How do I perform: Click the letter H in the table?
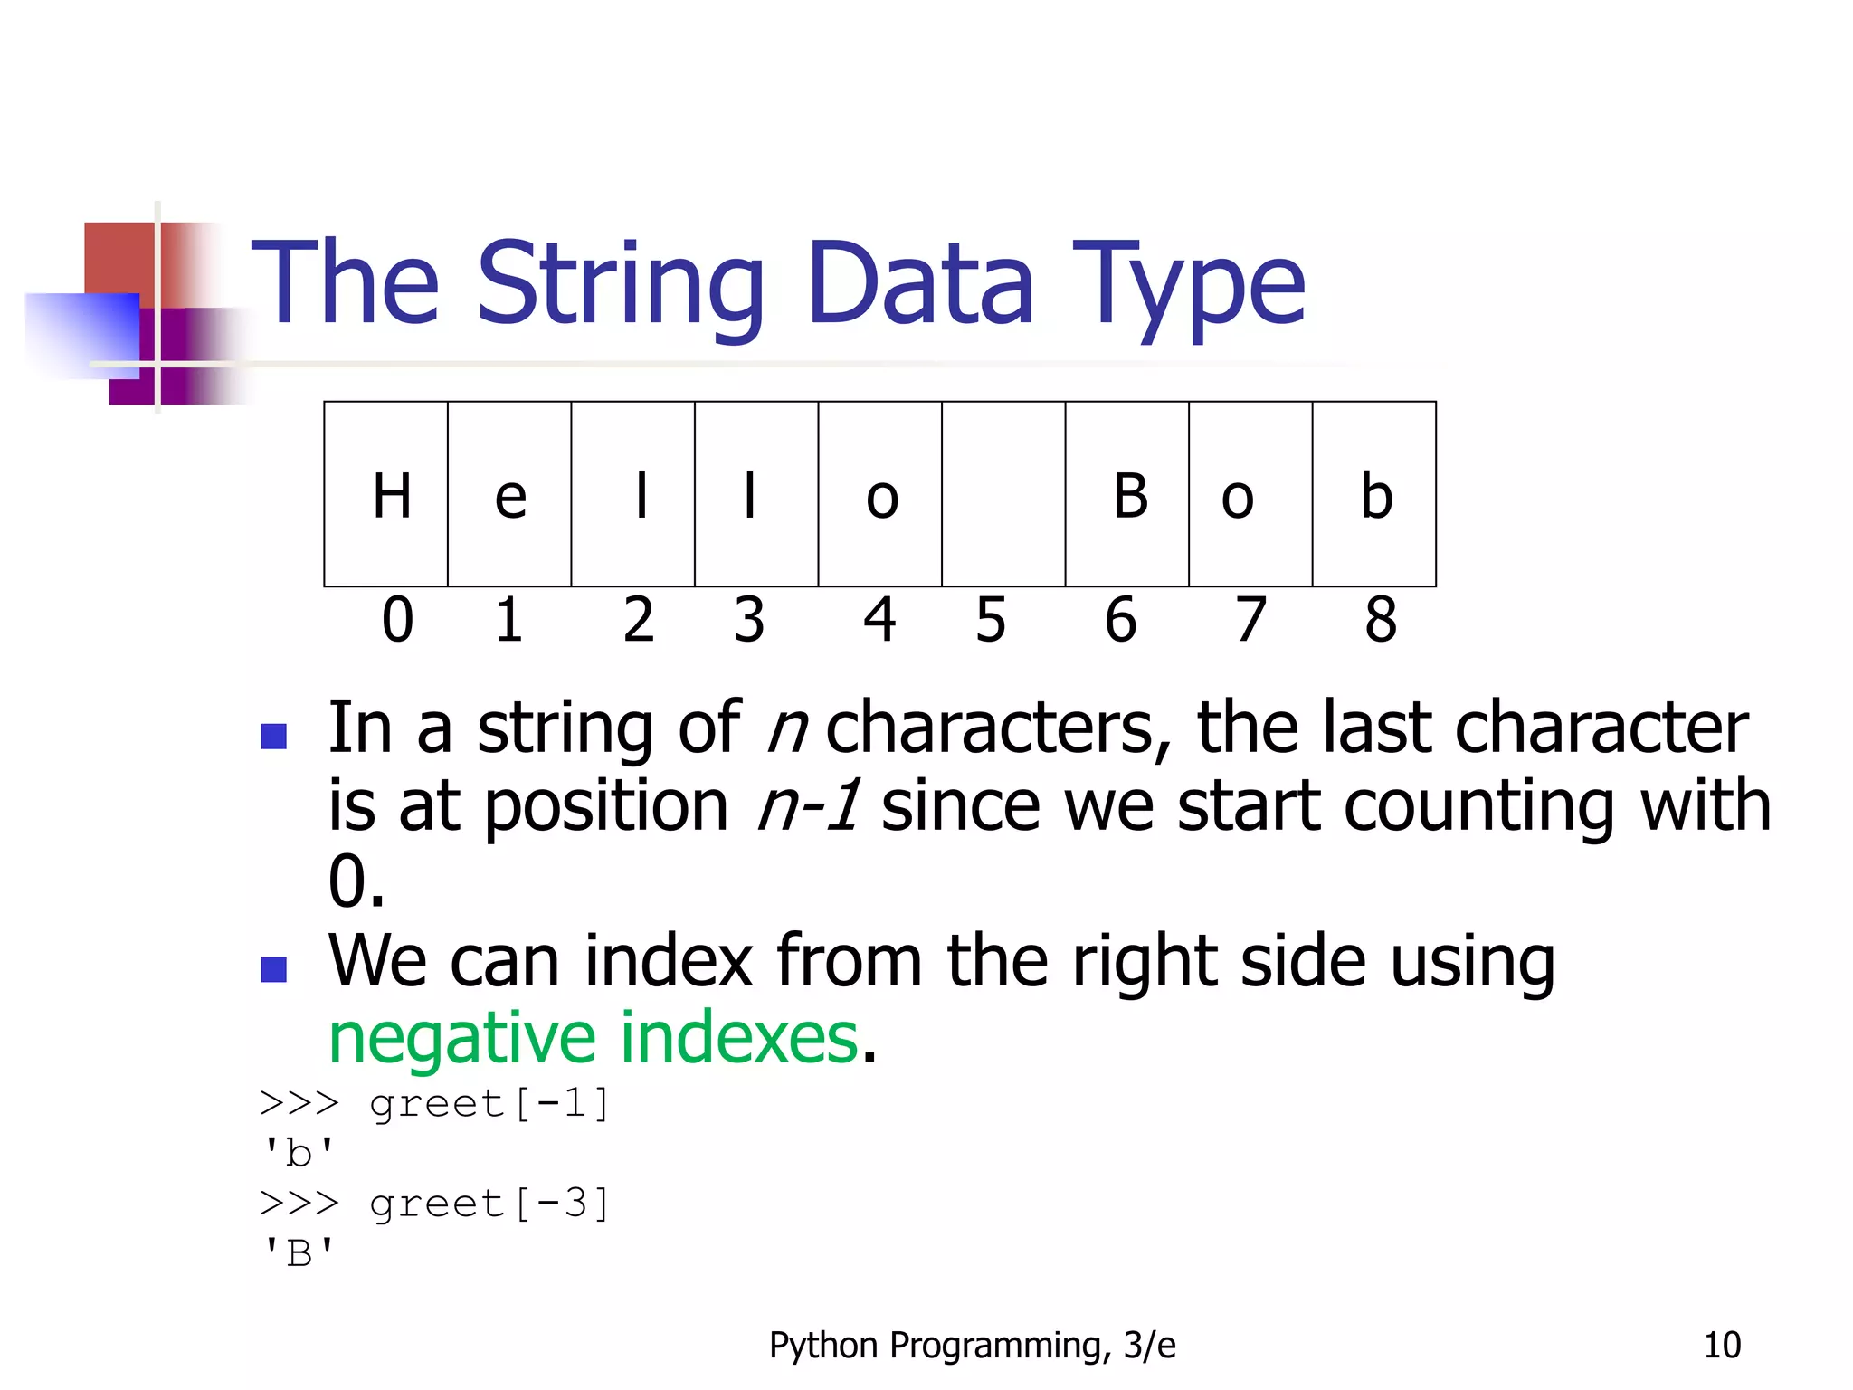(x=392, y=496)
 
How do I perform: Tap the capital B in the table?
(x=1130, y=496)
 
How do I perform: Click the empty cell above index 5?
(x=1003, y=494)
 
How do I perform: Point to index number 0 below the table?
(x=397, y=621)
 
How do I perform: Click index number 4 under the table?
(x=879, y=621)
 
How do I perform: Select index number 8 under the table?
(x=1381, y=621)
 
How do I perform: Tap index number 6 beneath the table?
(x=1121, y=621)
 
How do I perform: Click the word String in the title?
(x=621, y=285)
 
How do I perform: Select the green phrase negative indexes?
(x=594, y=1038)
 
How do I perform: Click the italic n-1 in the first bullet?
(x=808, y=805)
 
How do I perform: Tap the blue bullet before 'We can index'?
(x=273, y=969)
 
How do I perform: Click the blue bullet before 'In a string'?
(x=273, y=736)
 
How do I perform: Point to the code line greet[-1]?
(x=489, y=1104)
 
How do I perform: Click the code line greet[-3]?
(x=489, y=1204)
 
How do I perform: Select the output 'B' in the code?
(x=298, y=1254)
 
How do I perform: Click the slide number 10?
(x=1722, y=1345)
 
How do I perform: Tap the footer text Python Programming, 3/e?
(x=972, y=1346)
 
